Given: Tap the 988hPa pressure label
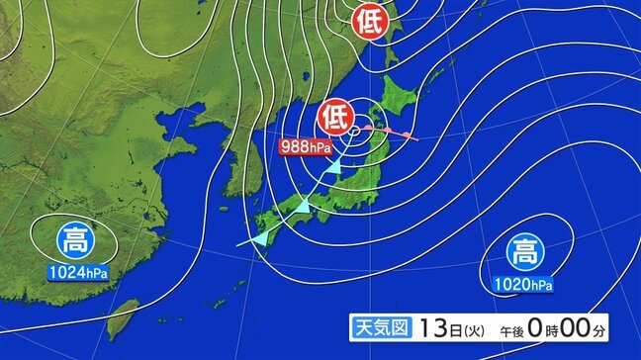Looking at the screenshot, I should (x=307, y=147).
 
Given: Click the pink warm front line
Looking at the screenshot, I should (x=391, y=134).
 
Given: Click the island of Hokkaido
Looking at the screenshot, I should (x=399, y=88).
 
